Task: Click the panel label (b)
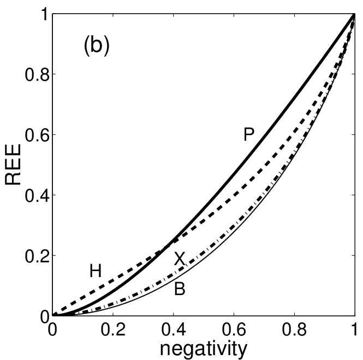(97, 46)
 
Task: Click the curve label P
(249, 134)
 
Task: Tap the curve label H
(96, 271)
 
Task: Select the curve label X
(180, 259)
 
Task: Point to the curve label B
(180, 289)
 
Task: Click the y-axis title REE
(13, 164)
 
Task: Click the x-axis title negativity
(204, 349)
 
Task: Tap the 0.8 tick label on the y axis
(37, 75)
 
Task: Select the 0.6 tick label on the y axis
(37, 135)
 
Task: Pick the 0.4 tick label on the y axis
(37, 195)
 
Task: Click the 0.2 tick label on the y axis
(37, 256)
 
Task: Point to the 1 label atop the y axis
(46, 16)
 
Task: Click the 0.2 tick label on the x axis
(113, 329)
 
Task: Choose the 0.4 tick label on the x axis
(174, 329)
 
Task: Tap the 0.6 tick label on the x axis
(234, 329)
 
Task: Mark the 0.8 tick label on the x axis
(294, 329)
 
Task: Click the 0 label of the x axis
(52, 329)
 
